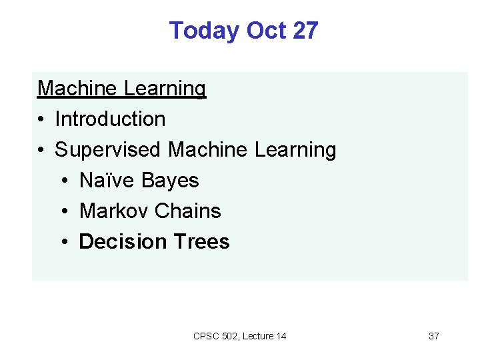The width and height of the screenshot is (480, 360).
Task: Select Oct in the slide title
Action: click(264, 31)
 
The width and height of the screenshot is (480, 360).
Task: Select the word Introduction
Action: click(110, 119)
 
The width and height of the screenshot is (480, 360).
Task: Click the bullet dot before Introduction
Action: click(41, 119)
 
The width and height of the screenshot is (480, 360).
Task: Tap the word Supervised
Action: click(108, 149)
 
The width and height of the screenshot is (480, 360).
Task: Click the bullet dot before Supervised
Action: click(41, 150)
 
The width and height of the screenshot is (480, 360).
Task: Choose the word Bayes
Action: click(169, 180)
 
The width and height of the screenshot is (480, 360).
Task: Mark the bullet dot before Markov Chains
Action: click(67, 211)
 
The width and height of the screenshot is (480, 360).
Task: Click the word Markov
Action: click(114, 211)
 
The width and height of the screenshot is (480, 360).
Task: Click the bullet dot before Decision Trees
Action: click(67, 242)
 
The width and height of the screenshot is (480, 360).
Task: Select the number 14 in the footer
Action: click(280, 336)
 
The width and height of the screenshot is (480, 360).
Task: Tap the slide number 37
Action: click(433, 336)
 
